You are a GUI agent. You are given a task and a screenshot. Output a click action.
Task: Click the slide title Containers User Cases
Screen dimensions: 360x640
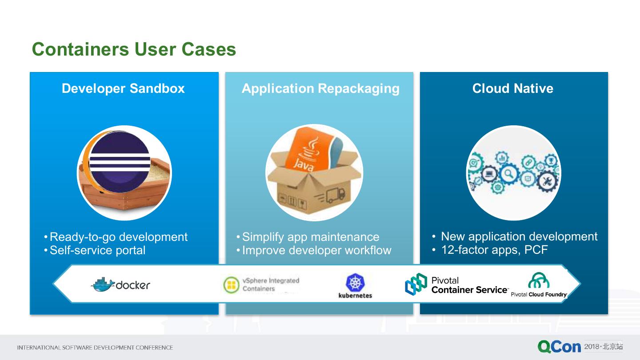pyautogui.click(x=134, y=49)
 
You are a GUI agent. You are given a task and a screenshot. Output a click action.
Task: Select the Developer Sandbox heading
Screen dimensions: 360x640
pyautogui.click(x=123, y=88)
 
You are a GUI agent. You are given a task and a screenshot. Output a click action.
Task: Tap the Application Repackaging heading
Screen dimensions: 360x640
pyautogui.click(x=320, y=88)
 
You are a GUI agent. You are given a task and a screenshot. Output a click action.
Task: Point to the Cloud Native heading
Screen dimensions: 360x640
pyautogui.click(x=512, y=88)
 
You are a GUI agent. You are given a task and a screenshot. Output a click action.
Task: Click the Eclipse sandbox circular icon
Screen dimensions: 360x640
pyautogui.click(x=124, y=172)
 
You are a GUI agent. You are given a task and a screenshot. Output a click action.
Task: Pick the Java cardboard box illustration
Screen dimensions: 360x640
pyautogui.click(x=314, y=172)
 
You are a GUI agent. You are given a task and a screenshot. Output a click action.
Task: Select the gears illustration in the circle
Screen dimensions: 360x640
pyautogui.click(x=513, y=172)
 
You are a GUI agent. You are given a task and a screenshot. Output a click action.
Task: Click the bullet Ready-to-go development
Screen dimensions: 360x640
pyautogui.click(x=118, y=237)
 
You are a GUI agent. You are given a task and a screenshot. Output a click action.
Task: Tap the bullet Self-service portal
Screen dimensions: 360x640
pyautogui.click(x=97, y=250)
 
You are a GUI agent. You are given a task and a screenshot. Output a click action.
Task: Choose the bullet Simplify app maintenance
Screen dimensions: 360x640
pyautogui.click(x=310, y=237)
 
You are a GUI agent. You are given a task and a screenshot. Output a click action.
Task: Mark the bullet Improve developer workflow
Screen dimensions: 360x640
pyautogui.click(x=316, y=250)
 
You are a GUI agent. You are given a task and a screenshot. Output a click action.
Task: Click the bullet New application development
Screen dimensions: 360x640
pyautogui.click(x=519, y=236)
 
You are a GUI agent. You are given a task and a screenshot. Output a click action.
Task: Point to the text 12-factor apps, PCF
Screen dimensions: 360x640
pyautogui.click(x=494, y=250)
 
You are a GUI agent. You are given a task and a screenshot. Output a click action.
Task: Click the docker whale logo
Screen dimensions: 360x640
pyautogui.click(x=120, y=284)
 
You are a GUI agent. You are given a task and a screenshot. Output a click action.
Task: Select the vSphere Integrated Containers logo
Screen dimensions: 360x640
pyautogui.click(x=261, y=284)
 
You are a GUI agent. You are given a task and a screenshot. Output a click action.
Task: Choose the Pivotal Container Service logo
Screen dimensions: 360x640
pyautogui.click(x=456, y=285)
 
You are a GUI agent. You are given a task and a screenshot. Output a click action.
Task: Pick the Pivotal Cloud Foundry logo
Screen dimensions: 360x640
pyautogui.click(x=539, y=285)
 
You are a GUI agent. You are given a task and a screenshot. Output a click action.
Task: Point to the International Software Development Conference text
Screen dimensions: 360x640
pyautogui.click(x=95, y=348)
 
